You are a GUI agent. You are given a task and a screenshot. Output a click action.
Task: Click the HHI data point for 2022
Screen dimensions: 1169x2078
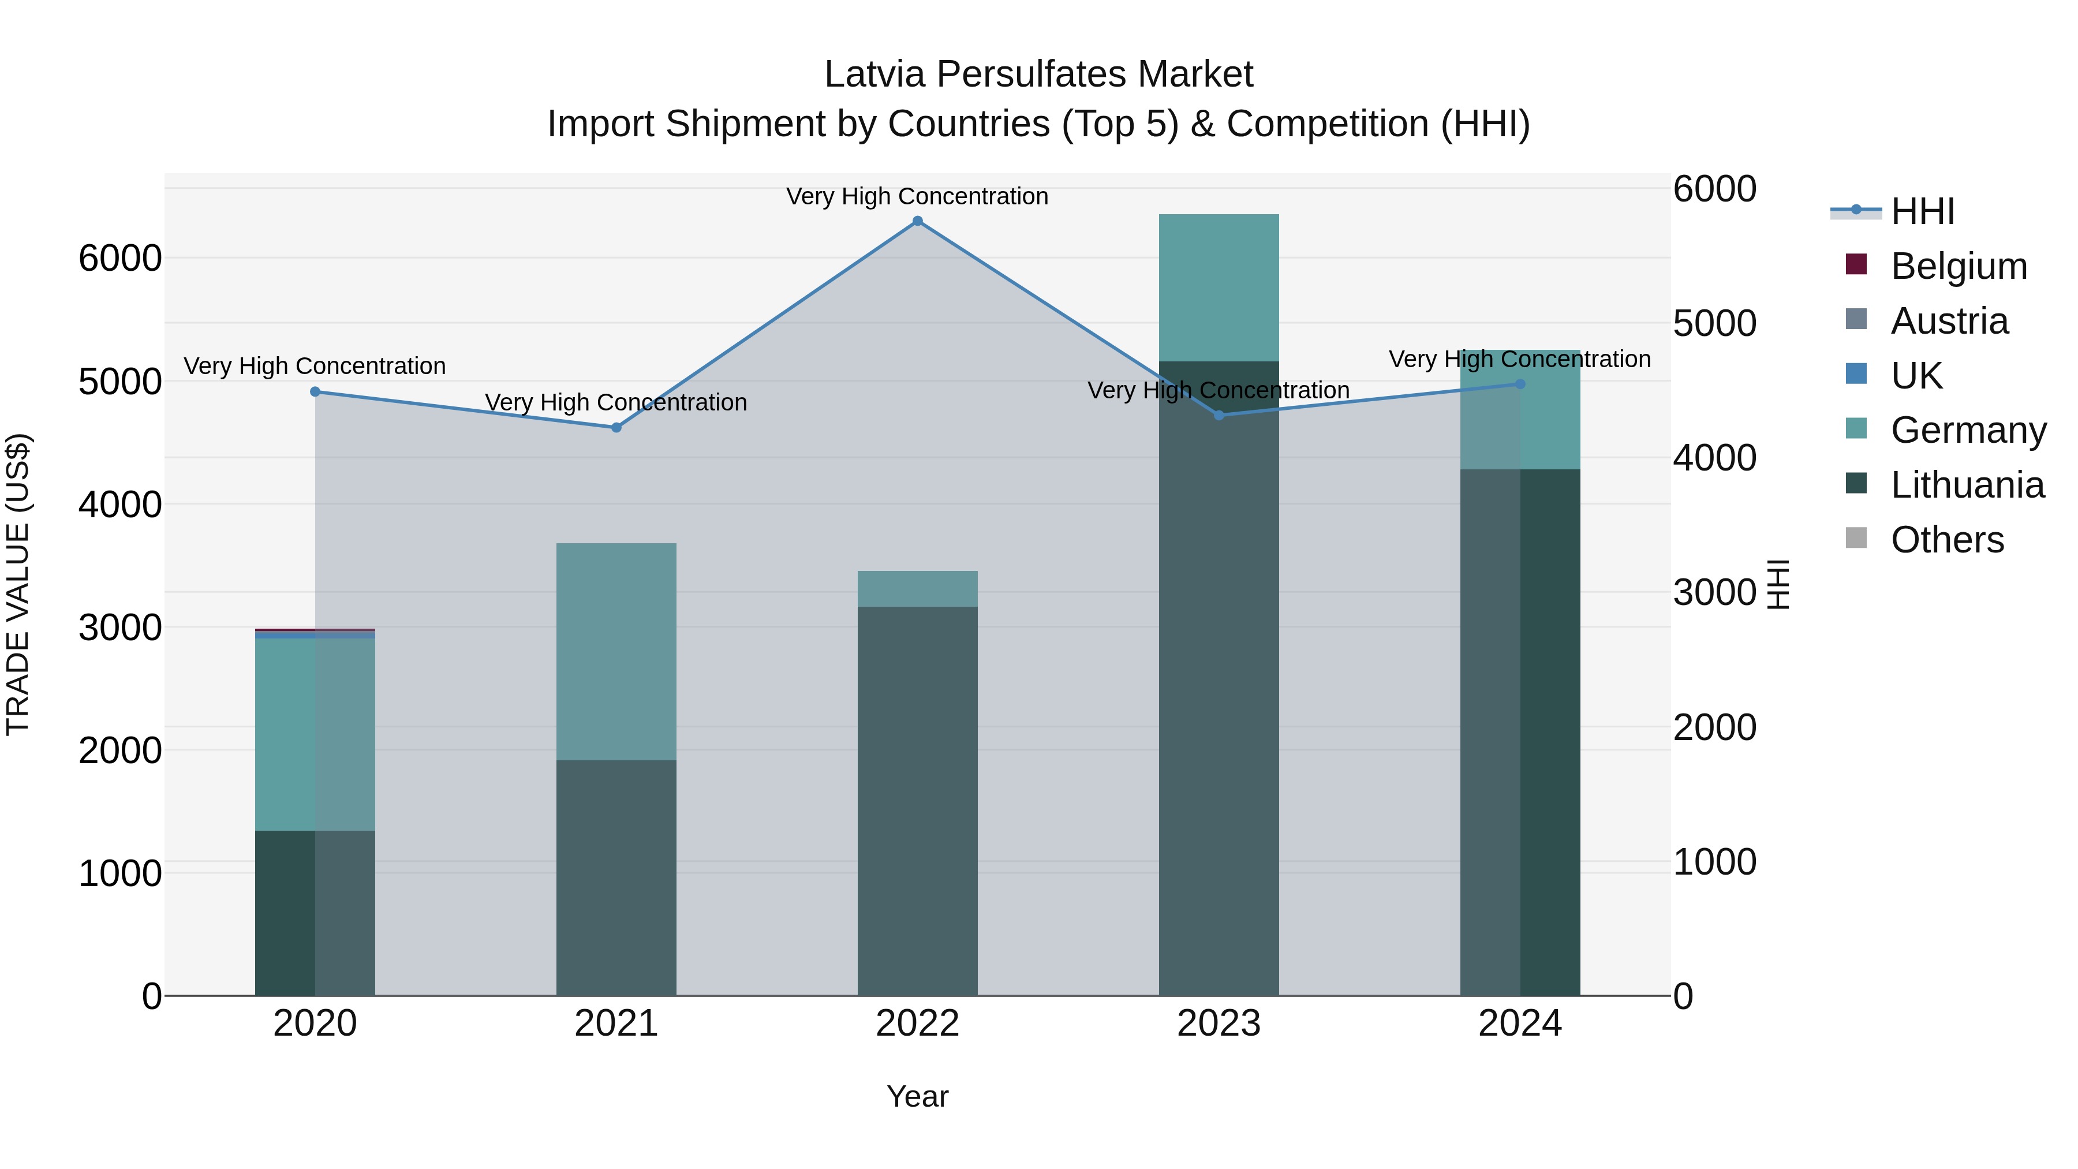pyautogui.click(x=917, y=221)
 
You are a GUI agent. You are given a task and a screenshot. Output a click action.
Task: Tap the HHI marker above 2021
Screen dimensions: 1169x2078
pyautogui.click(x=616, y=428)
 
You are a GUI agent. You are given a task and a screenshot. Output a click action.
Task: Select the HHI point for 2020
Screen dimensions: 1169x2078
pyautogui.click(x=315, y=392)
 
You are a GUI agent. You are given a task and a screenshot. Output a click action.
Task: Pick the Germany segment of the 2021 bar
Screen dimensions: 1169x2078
pyautogui.click(x=616, y=651)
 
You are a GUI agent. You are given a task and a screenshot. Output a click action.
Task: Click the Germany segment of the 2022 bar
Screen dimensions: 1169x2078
pyautogui.click(x=917, y=589)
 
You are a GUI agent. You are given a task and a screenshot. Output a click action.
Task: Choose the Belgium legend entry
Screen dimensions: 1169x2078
pyautogui.click(x=1958, y=266)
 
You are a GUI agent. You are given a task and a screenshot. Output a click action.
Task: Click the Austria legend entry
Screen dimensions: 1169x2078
pyautogui.click(x=1948, y=321)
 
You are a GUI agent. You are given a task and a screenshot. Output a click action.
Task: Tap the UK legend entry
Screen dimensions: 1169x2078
pyautogui.click(x=1916, y=376)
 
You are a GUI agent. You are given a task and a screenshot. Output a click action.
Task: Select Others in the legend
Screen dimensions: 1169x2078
pyautogui.click(x=1946, y=540)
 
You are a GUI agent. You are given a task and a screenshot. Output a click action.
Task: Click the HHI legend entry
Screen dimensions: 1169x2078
pyautogui.click(x=1922, y=211)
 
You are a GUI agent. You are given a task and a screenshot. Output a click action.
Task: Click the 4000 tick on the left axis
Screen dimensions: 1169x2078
pyautogui.click(x=119, y=505)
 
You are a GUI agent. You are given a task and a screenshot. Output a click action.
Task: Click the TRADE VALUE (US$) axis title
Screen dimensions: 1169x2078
pyautogui.click(x=18, y=584)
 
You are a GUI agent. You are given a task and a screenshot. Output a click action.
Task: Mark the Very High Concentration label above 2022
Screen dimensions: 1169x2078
pyautogui.click(x=917, y=196)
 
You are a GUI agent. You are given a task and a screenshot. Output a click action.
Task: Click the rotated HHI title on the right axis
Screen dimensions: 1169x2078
pyautogui.click(x=1778, y=584)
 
